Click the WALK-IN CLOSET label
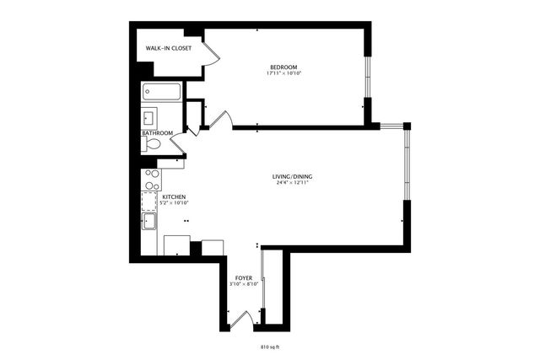point(168,49)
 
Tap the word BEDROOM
point(283,67)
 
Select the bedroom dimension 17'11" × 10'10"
point(283,73)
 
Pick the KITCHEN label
point(162,196)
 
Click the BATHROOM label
point(157,133)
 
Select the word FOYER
point(243,277)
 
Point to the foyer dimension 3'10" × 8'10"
point(243,284)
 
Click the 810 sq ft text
point(269,346)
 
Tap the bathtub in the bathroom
point(160,91)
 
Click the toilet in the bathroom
point(152,145)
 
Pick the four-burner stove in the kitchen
point(151,179)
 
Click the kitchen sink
point(149,222)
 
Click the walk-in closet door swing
point(212,54)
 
